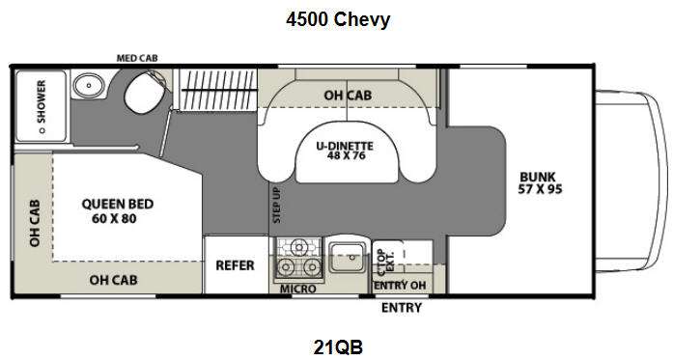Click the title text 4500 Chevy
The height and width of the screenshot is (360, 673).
(x=337, y=20)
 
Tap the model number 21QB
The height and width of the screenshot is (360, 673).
(x=337, y=346)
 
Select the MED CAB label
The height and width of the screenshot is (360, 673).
(x=138, y=59)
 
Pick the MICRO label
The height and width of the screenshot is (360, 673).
(x=297, y=289)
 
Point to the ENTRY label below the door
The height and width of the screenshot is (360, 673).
(x=400, y=308)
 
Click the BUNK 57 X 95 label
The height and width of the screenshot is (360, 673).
(x=541, y=182)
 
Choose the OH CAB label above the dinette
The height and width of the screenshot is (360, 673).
(x=348, y=95)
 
